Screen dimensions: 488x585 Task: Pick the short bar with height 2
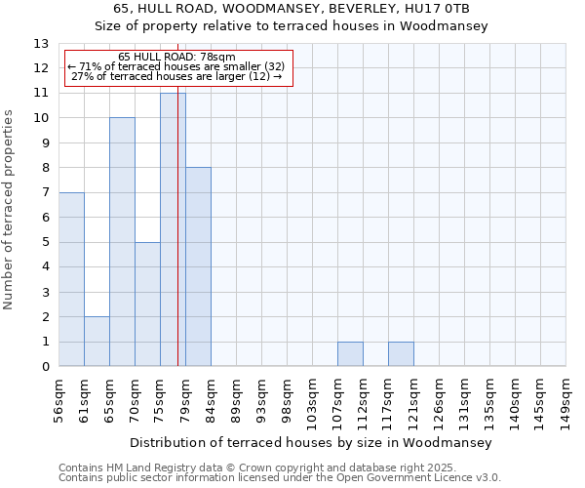tap(97, 342)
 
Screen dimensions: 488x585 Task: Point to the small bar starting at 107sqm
tap(350, 354)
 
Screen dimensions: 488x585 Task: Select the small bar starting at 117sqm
tap(401, 354)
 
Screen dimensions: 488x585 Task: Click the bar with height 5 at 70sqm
tap(147, 305)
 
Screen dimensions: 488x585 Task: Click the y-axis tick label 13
tap(41, 44)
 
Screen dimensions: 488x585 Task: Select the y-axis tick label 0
tap(45, 367)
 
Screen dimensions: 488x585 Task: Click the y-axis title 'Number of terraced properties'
tap(10, 209)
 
